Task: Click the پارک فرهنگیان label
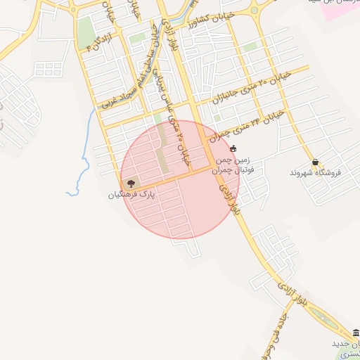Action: [131, 193]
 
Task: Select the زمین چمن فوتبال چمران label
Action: [231, 164]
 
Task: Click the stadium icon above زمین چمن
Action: [233, 148]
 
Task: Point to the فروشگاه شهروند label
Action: [315, 172]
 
